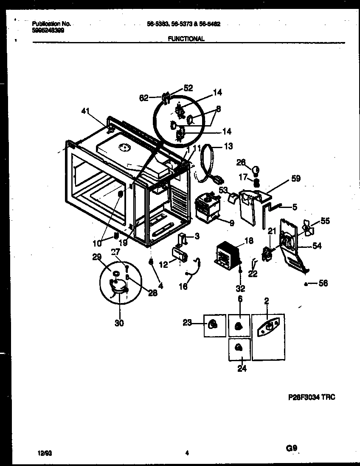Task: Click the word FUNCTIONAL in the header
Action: pyautogui.click(x=186, y=39)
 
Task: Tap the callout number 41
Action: pyautogui.click(x=86, y=111)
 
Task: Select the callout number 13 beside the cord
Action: pyautogui.click(x=228, y=146)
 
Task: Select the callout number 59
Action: pyautogui.click(x=295, y=179)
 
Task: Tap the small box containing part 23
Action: pyautogui.click(x=215, y=326)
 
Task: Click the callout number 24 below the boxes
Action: pyautogui.click(x=242, y=368)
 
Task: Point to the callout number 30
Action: pyautogui.click(x=119, y=323)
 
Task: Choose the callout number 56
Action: pyautogui.click(x=323, y=284)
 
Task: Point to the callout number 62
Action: pyautogui.click(x=144, y=98)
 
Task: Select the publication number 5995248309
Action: pyautogui.click(x=48, y=30)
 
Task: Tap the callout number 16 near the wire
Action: pyautogui.click(x=183, y=287)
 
